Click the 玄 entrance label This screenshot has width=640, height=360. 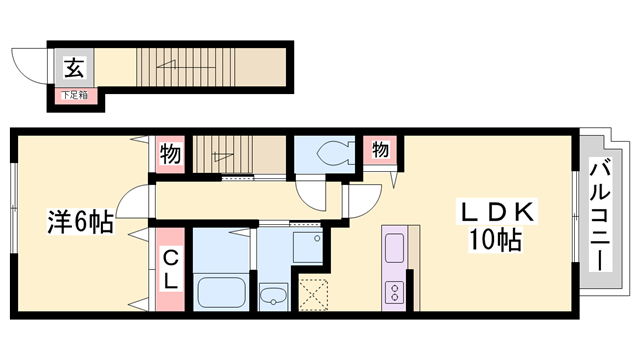[x=73, y=68]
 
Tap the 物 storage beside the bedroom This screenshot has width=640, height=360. [x=169, y=155]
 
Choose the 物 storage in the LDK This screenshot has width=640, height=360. [x=380, y=150]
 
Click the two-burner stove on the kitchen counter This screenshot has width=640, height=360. [x=394, y=293]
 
